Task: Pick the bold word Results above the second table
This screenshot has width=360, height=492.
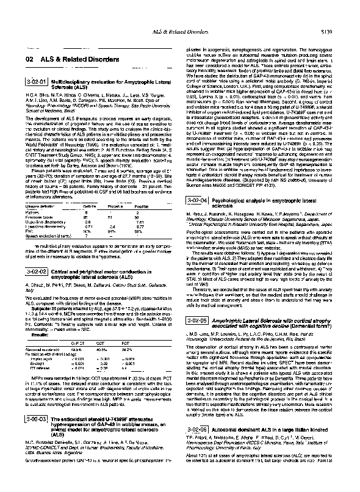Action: pyautogui.click(x=30, y=335)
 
